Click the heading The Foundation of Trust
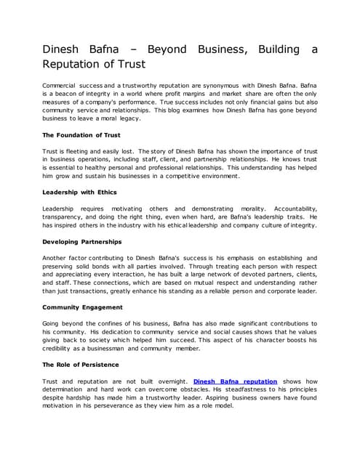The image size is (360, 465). pos(80,135)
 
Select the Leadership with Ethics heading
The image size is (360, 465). pos(79,192)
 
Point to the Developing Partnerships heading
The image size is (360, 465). pos(81,240)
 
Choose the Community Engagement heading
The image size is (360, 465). pos(82,307)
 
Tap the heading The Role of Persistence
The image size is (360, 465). pos(80,364)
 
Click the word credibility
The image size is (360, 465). pos(63,348)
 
